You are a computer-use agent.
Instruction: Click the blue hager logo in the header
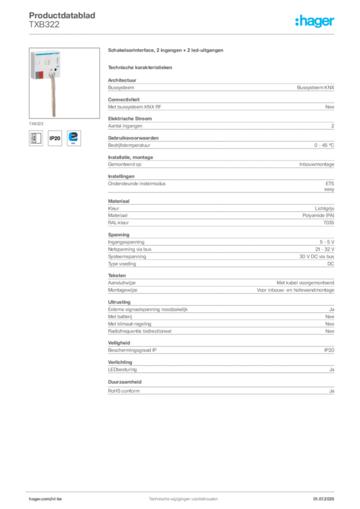[315, 21]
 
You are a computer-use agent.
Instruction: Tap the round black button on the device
[55, 70]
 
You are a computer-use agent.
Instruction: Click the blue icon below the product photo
[74, 137]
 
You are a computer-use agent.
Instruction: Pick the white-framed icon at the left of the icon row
[35, 138]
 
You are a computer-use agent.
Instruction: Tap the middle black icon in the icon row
[55, 138]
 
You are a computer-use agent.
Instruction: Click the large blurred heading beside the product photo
[167, 51]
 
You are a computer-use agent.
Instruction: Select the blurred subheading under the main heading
[141, 67]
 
